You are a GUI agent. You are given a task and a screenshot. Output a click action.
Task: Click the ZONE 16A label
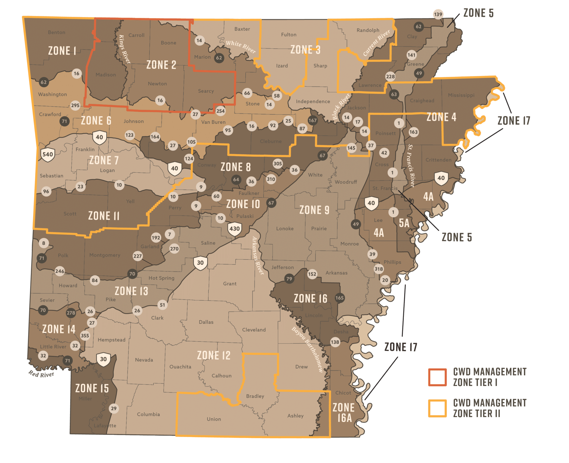point(344,413)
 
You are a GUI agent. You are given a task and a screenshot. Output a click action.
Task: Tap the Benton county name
point(56,32)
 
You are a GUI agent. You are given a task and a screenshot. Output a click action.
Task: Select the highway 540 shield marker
point(48,155)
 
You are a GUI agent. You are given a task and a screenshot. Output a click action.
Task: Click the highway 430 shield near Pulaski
point(234,229)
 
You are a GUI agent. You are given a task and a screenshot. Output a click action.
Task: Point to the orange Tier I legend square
point(437,377)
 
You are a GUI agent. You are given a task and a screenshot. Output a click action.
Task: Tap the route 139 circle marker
point(438,14)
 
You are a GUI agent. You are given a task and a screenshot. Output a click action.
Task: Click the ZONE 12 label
point(214,355)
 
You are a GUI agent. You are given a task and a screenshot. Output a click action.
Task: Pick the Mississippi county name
point(461,95)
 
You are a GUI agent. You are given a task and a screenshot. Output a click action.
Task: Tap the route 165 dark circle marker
point(340,298)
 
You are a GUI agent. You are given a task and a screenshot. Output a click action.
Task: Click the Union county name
point(214,419)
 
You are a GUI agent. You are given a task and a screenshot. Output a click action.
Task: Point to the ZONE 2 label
point(161,65)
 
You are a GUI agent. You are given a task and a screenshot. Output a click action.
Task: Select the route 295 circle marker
point(75,105)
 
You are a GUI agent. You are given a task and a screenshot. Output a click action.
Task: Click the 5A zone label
point(404,223)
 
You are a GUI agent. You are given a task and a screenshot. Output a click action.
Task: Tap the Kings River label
point(124,49)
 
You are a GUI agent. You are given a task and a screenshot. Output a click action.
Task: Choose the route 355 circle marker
point(85,336)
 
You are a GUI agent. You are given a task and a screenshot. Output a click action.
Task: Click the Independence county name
point(313,101)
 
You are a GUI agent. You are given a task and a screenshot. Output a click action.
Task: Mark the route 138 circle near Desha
point(335,342)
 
